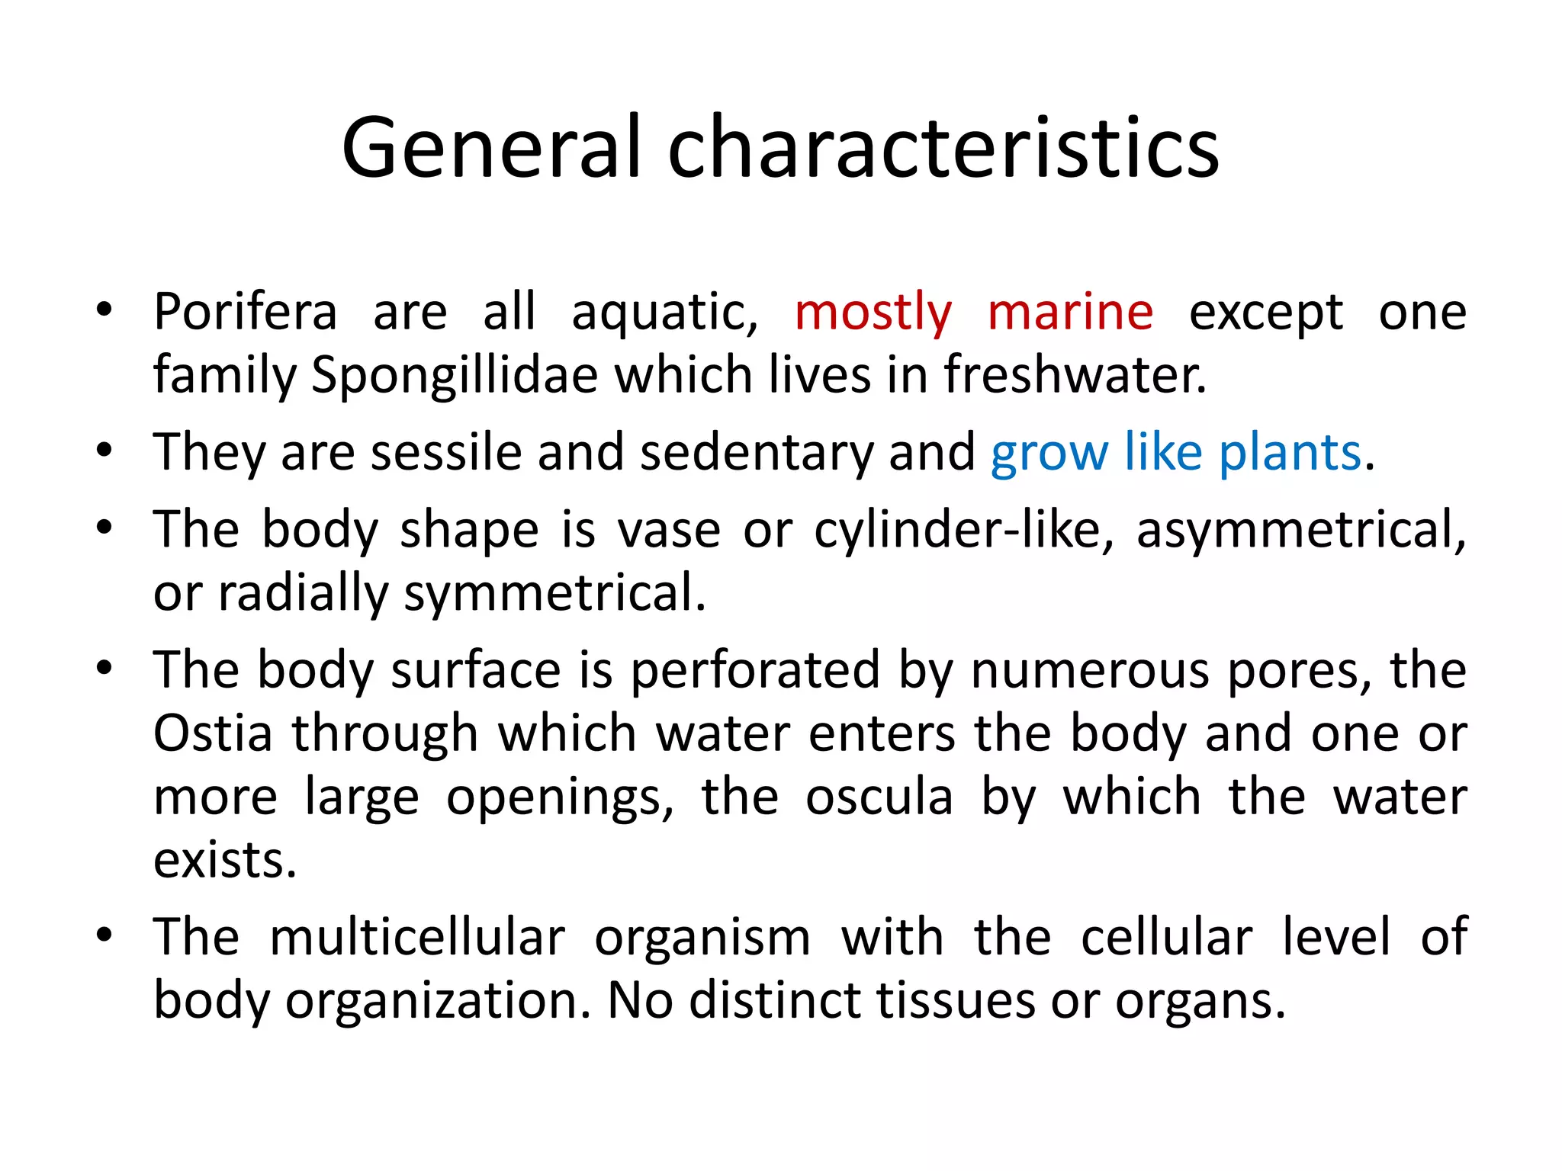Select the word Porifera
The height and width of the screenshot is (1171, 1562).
point(245,312)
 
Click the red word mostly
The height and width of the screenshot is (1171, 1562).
point(873,312)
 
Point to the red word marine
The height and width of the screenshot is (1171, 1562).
point(1070,312)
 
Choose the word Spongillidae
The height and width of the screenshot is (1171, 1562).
point(455,375)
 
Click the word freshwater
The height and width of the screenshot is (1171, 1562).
point(1075,375)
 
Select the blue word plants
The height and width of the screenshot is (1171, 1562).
point(1290,452)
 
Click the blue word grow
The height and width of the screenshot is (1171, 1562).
point(1049,452)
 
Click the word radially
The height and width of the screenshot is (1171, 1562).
point(303,592)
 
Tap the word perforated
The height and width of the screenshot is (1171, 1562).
point(755,670)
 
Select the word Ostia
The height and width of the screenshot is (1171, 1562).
point(213,733)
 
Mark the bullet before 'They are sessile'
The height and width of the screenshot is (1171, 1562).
point(104,450)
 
